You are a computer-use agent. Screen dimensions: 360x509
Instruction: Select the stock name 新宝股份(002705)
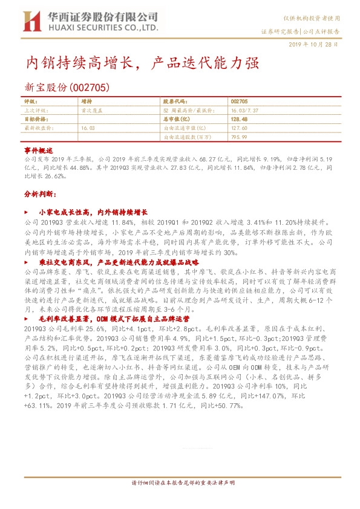[66, 88]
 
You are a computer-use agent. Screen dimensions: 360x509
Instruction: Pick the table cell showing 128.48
[240, 120]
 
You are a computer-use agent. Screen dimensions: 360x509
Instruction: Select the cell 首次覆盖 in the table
[91, 111]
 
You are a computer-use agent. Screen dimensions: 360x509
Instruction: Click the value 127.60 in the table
[240, 128]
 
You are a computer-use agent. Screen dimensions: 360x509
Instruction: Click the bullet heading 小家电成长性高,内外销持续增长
[93, 213]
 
